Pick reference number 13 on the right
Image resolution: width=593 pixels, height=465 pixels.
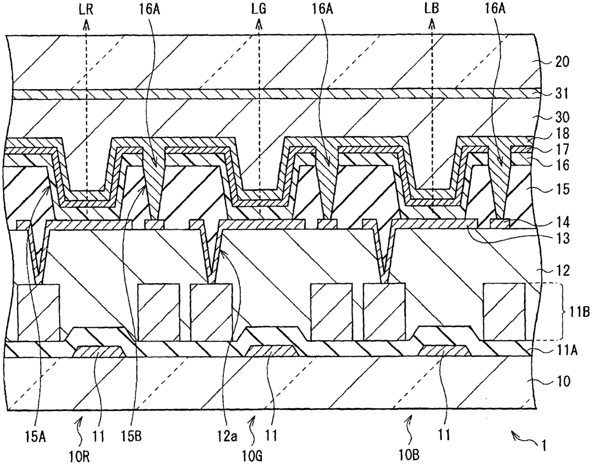click(x=563, y=238)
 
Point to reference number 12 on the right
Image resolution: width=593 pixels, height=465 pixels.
click(x=563, y=271)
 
